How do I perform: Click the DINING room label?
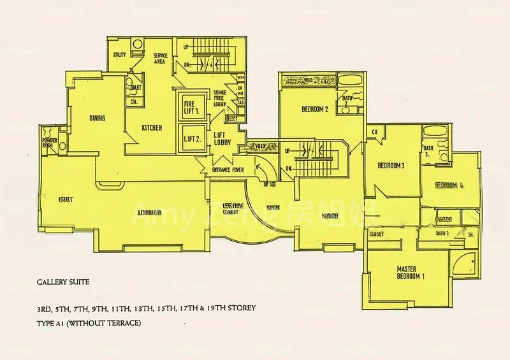(x=98, y=119)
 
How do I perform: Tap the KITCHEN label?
(x=152, y=128)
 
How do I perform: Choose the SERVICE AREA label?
(x=160, y=59)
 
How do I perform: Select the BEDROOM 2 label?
(x=315, y=109)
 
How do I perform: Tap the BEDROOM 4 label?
(x=449, y=185)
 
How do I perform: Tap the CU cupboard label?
(x=375, y=132)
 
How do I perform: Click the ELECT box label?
(x=231, y=119)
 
